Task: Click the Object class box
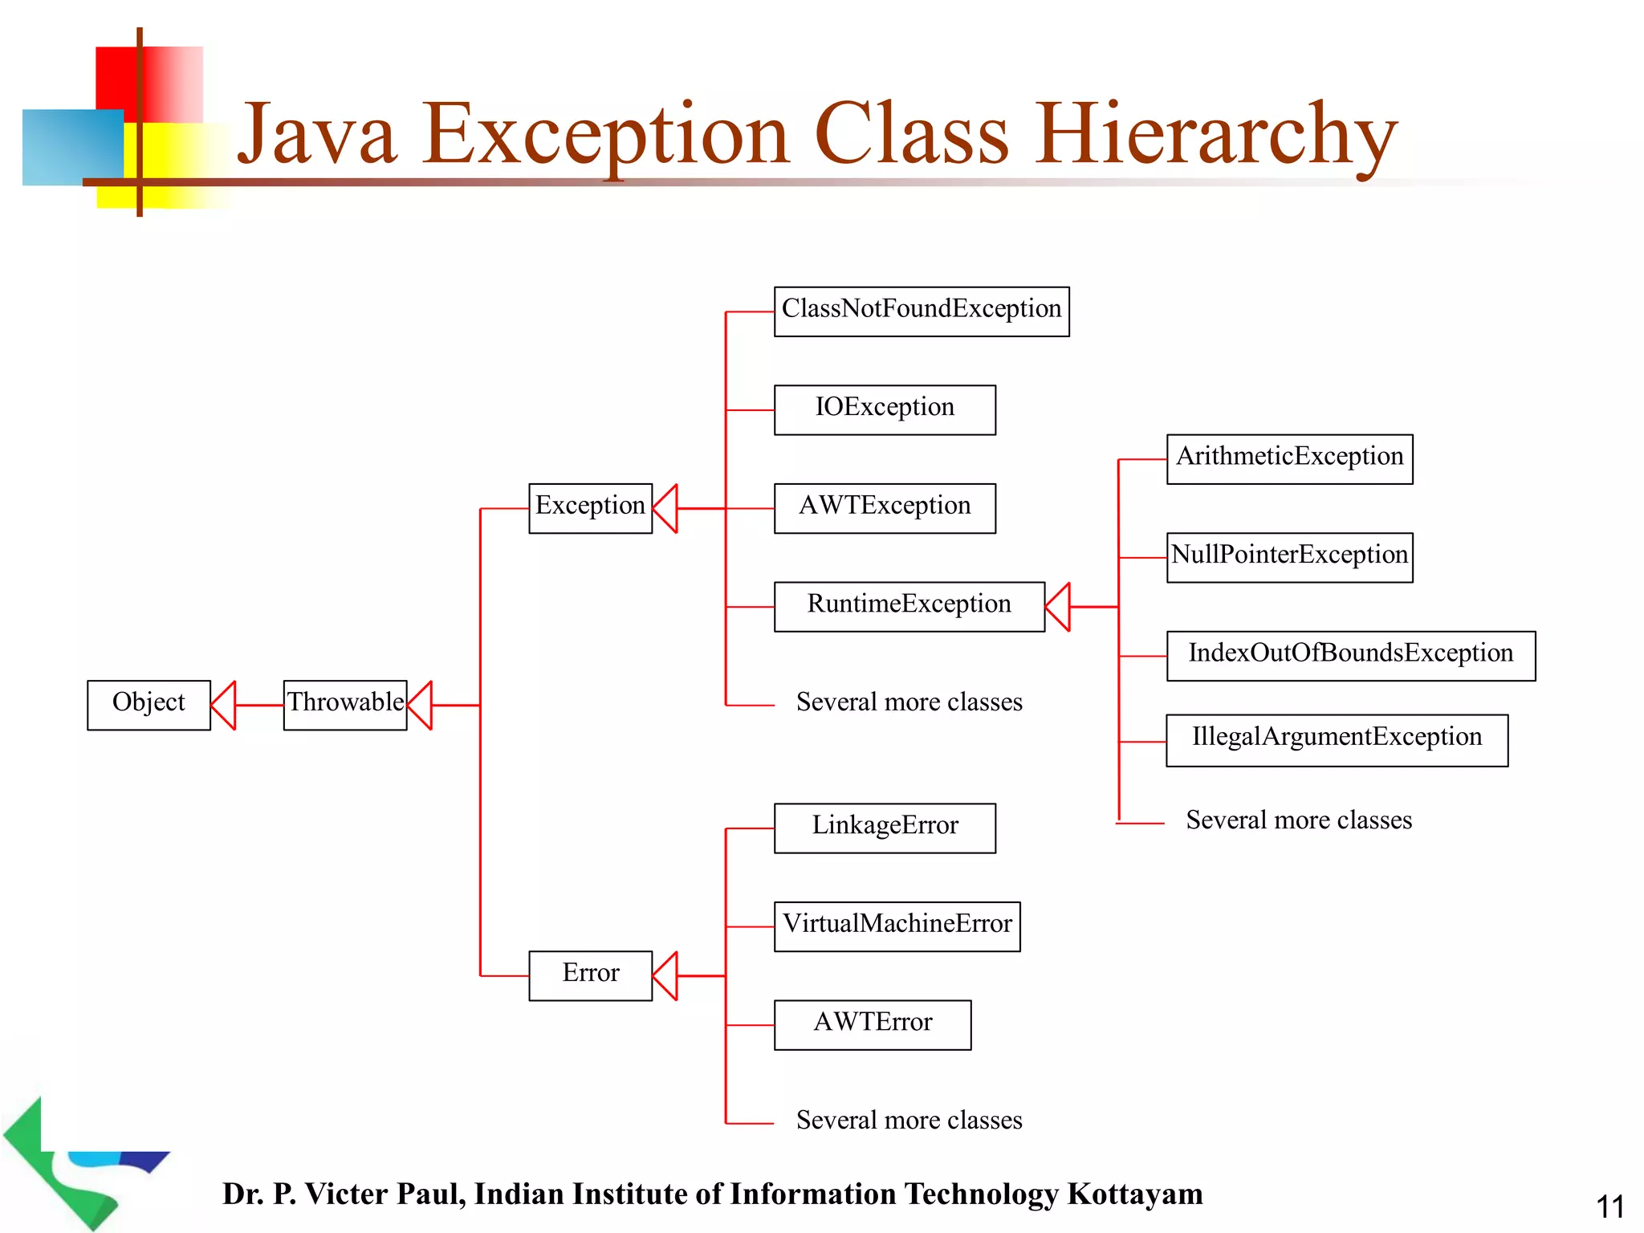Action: coord(149,705)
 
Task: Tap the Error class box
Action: coord(590,975)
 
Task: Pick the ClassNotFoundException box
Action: coord(922,311)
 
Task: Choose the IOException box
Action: coord(885,409)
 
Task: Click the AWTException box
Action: coord(885,508)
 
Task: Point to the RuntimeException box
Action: coord(909,607)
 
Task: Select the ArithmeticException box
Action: coord(1289,459)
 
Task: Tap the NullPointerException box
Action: coord(1289,557)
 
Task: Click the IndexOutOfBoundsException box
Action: coord(1350,656)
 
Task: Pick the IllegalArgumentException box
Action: coord(1337,740)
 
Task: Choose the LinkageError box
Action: coord(885,828)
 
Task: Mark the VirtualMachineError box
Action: coord(897,926)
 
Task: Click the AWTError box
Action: coord(873,1024)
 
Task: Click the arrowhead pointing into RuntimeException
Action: coord(1058,607)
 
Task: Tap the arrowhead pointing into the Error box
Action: coord(665,975)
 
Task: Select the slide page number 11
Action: coord(1609,1207)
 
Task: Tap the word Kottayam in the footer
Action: coord(1134,1194)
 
